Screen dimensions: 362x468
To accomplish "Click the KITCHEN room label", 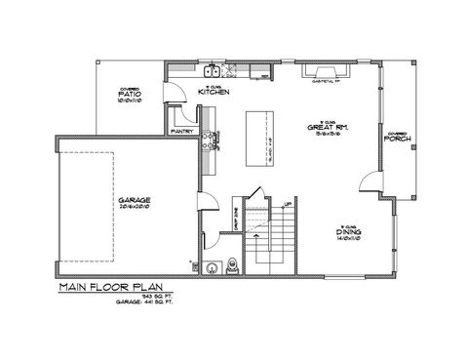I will click(x=214, y=91).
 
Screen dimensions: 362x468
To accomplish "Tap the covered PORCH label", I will click(x=396, y=139).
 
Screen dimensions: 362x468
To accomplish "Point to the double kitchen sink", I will click(x=213, y=71).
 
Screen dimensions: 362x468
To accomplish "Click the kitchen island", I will click(x=259, y=135).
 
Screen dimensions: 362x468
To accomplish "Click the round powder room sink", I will click(x=213, y=265).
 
